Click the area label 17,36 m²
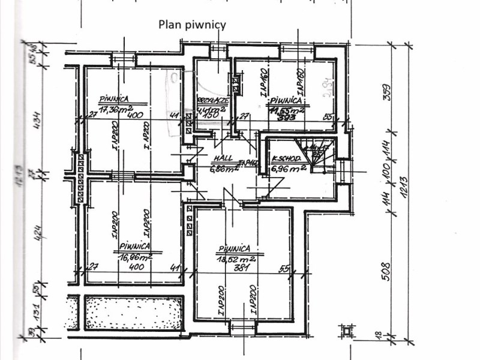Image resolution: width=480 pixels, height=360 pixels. click(x=116, y=109)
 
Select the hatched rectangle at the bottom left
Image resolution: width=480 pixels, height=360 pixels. click(x=133, y=313)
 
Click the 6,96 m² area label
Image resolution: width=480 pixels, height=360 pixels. click(x=289, y=169)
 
